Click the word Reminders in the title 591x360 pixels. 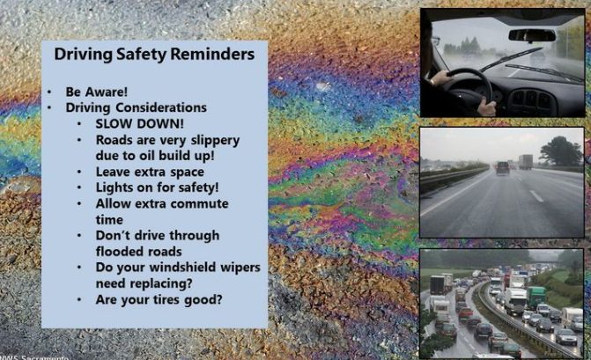tap(212, 54)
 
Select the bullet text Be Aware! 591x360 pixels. tap(97, 92)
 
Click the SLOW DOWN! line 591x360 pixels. tap(139, 123)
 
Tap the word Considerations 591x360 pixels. tap(161, 107)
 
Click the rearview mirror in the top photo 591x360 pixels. tap(532, 36)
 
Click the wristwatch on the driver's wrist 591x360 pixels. tap(432, 82)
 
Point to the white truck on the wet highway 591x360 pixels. tap(526, 162)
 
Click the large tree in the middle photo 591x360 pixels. tap(560, 151)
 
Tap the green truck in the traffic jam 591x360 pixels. tap(536, 297)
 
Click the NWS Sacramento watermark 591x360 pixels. tap(34, 357)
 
